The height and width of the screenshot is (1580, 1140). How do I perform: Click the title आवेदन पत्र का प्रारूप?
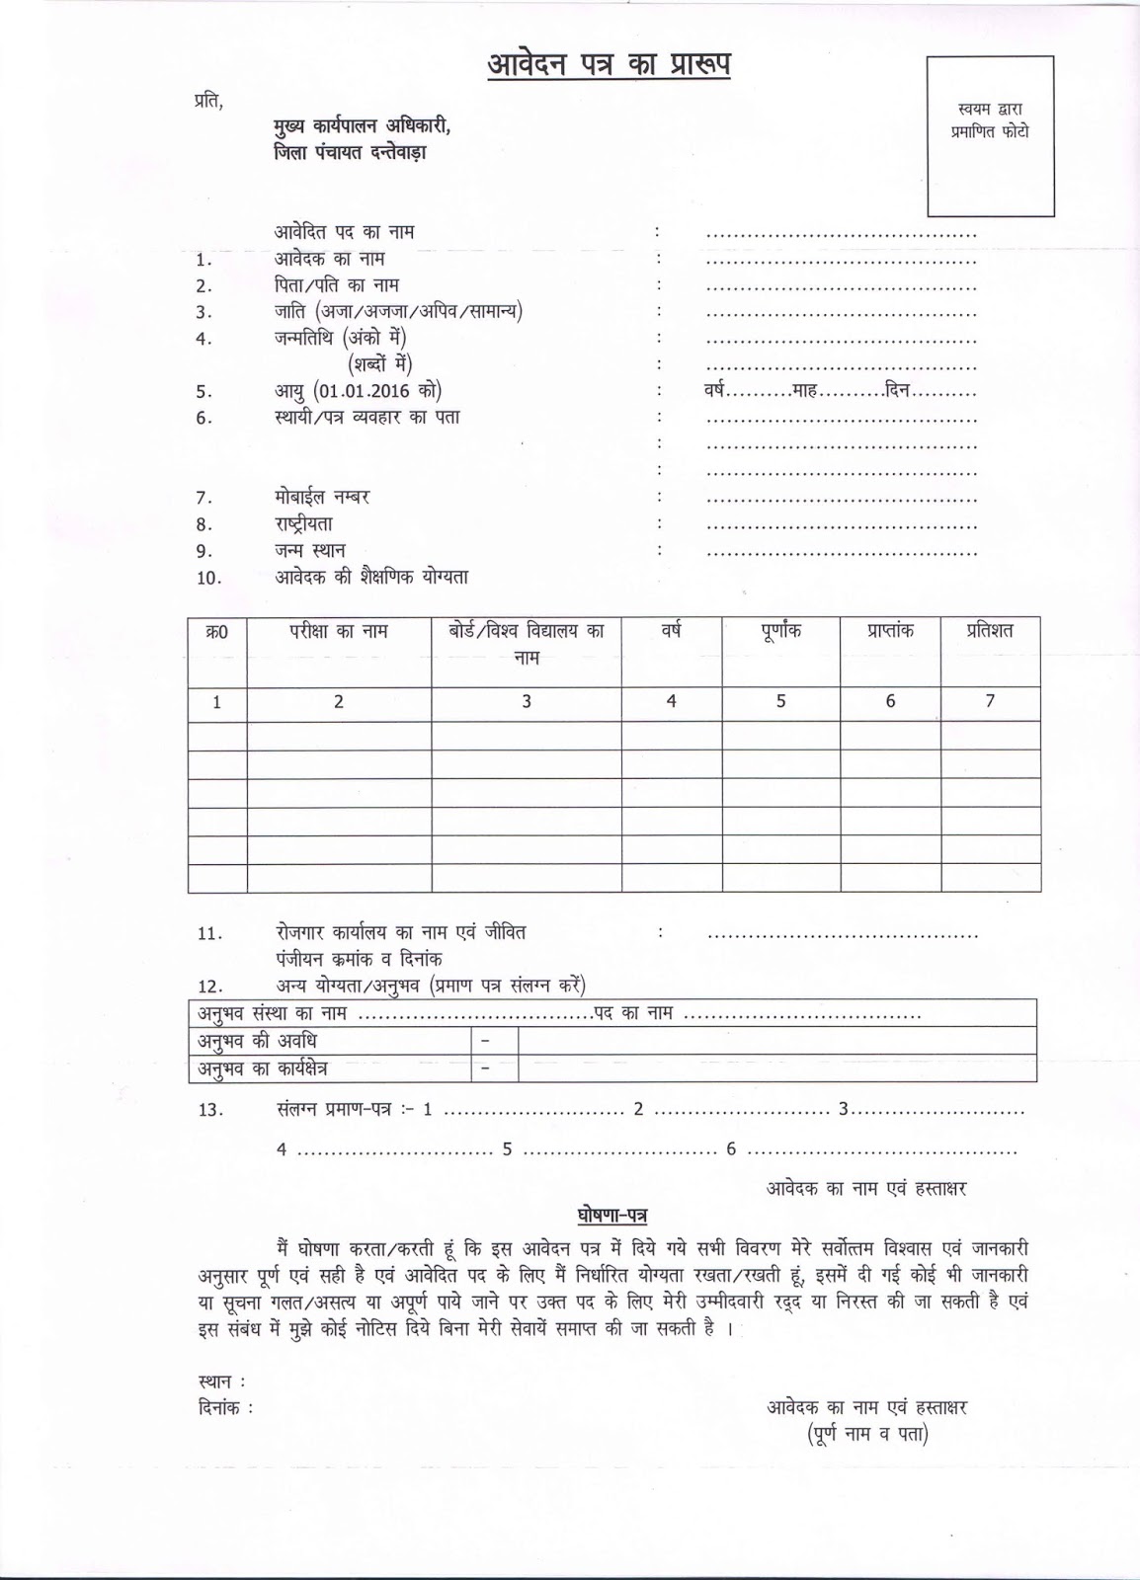click(610, 66)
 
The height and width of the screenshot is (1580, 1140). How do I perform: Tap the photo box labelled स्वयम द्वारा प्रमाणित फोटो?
click(989, 136)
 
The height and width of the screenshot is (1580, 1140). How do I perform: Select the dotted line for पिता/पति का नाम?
click(841, 287)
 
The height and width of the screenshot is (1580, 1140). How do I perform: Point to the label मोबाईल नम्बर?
click(322, 497)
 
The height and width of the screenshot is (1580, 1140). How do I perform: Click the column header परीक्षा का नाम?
click(339, 632)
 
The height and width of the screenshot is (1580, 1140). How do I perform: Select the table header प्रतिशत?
click(989, 631)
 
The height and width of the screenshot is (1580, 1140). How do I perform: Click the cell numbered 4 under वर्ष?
click(671, 701)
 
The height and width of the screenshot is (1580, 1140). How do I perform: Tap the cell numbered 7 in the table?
click(989, 701)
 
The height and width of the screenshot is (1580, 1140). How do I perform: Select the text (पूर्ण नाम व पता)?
click(866, 1435)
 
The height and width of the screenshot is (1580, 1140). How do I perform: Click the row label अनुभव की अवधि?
click(257, 1041)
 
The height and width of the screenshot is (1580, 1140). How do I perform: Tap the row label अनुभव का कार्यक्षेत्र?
click(263, 1068)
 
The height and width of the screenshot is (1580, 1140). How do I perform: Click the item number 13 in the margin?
click(210, 1110)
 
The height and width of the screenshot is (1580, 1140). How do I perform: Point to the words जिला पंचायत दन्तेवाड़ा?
click(351, 153)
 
